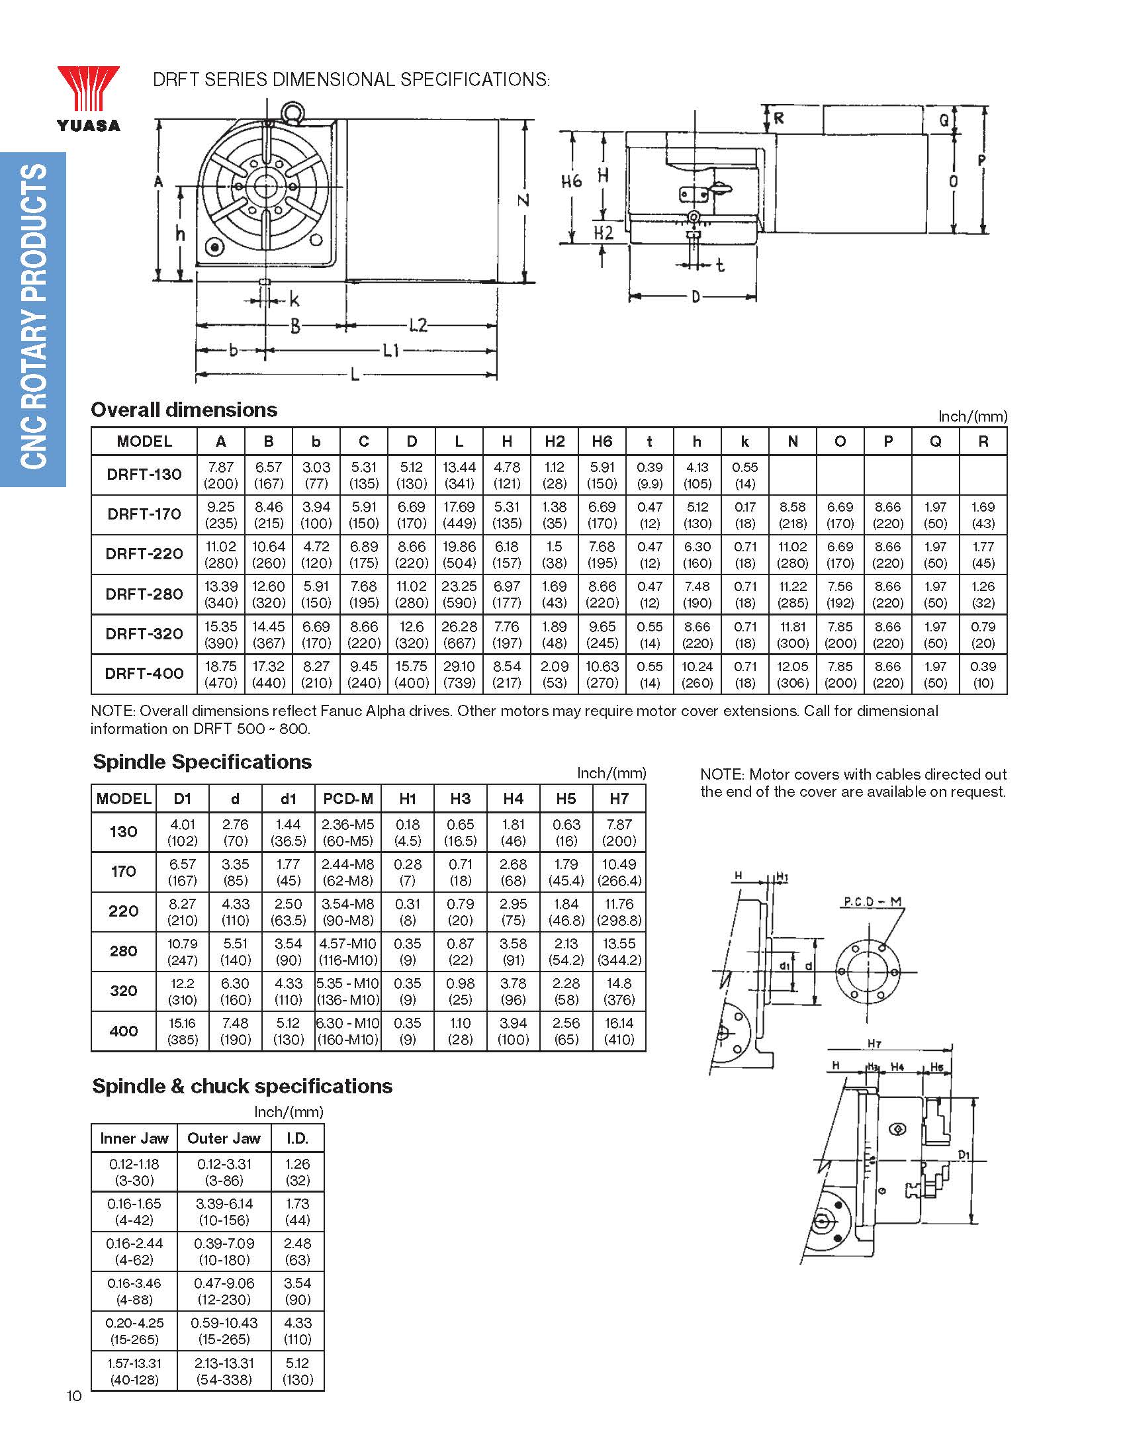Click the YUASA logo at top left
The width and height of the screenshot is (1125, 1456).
click(x=89, y=99)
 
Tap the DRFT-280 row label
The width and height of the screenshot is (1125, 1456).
click(x=144, y=594)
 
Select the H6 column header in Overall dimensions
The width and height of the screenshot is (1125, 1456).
click(x=602, y=441)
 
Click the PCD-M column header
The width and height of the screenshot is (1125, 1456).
click(x=348, y=799)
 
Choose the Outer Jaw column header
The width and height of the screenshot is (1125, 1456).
click(x=224, y=1138)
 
